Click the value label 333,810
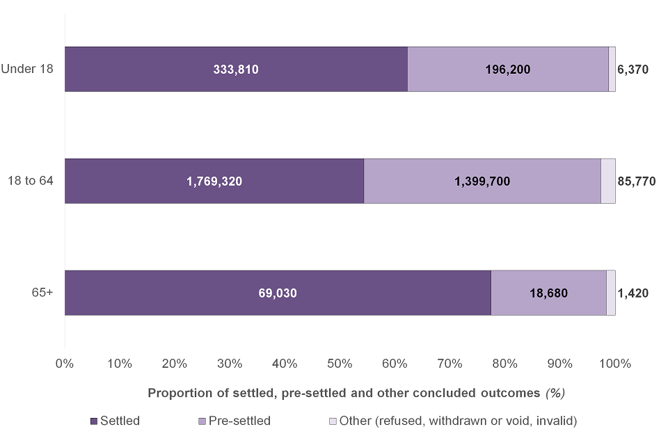tap(236, 70)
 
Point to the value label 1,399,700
tap(482, 181)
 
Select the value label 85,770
tap(636, 181)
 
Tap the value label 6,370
tap(633, 70)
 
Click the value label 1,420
tap(633, 293)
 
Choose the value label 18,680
tap(548, 293)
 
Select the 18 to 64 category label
tap(32, 181)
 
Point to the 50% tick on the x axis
tap(340, 363)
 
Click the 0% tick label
tap(65, 363)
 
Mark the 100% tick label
tap(615, 363)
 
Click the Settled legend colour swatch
tap(94, 421)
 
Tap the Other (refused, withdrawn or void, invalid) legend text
tap(458, 421)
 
